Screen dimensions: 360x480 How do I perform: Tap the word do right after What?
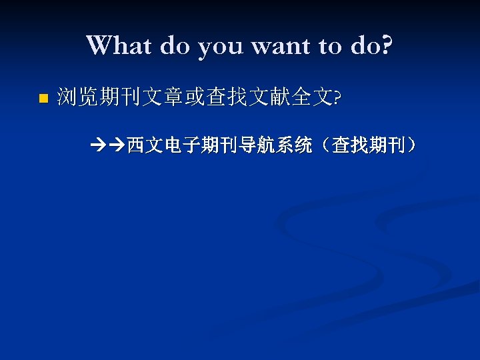[174, 45]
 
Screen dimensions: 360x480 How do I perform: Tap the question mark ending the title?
[386, 45]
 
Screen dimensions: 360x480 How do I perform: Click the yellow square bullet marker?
[43, 99]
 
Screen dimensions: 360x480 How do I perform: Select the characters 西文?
[144, 144]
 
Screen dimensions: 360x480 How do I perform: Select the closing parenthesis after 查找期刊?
[413, 144]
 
